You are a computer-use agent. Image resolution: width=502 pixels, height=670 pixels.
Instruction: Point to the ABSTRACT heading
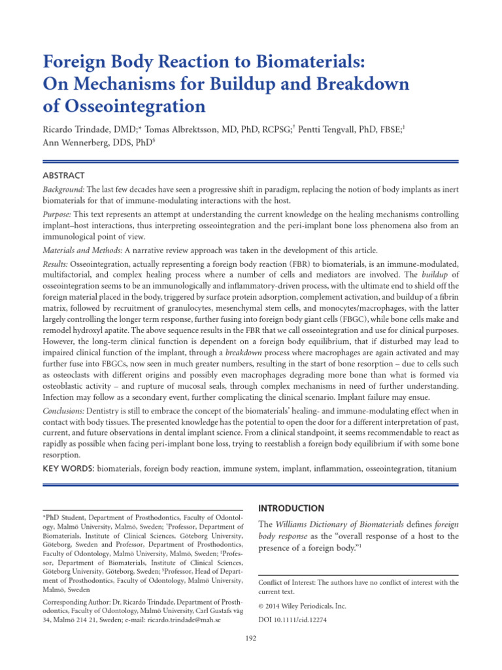coord(63,175)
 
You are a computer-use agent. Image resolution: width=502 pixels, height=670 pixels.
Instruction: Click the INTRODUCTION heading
coord(292,508)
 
